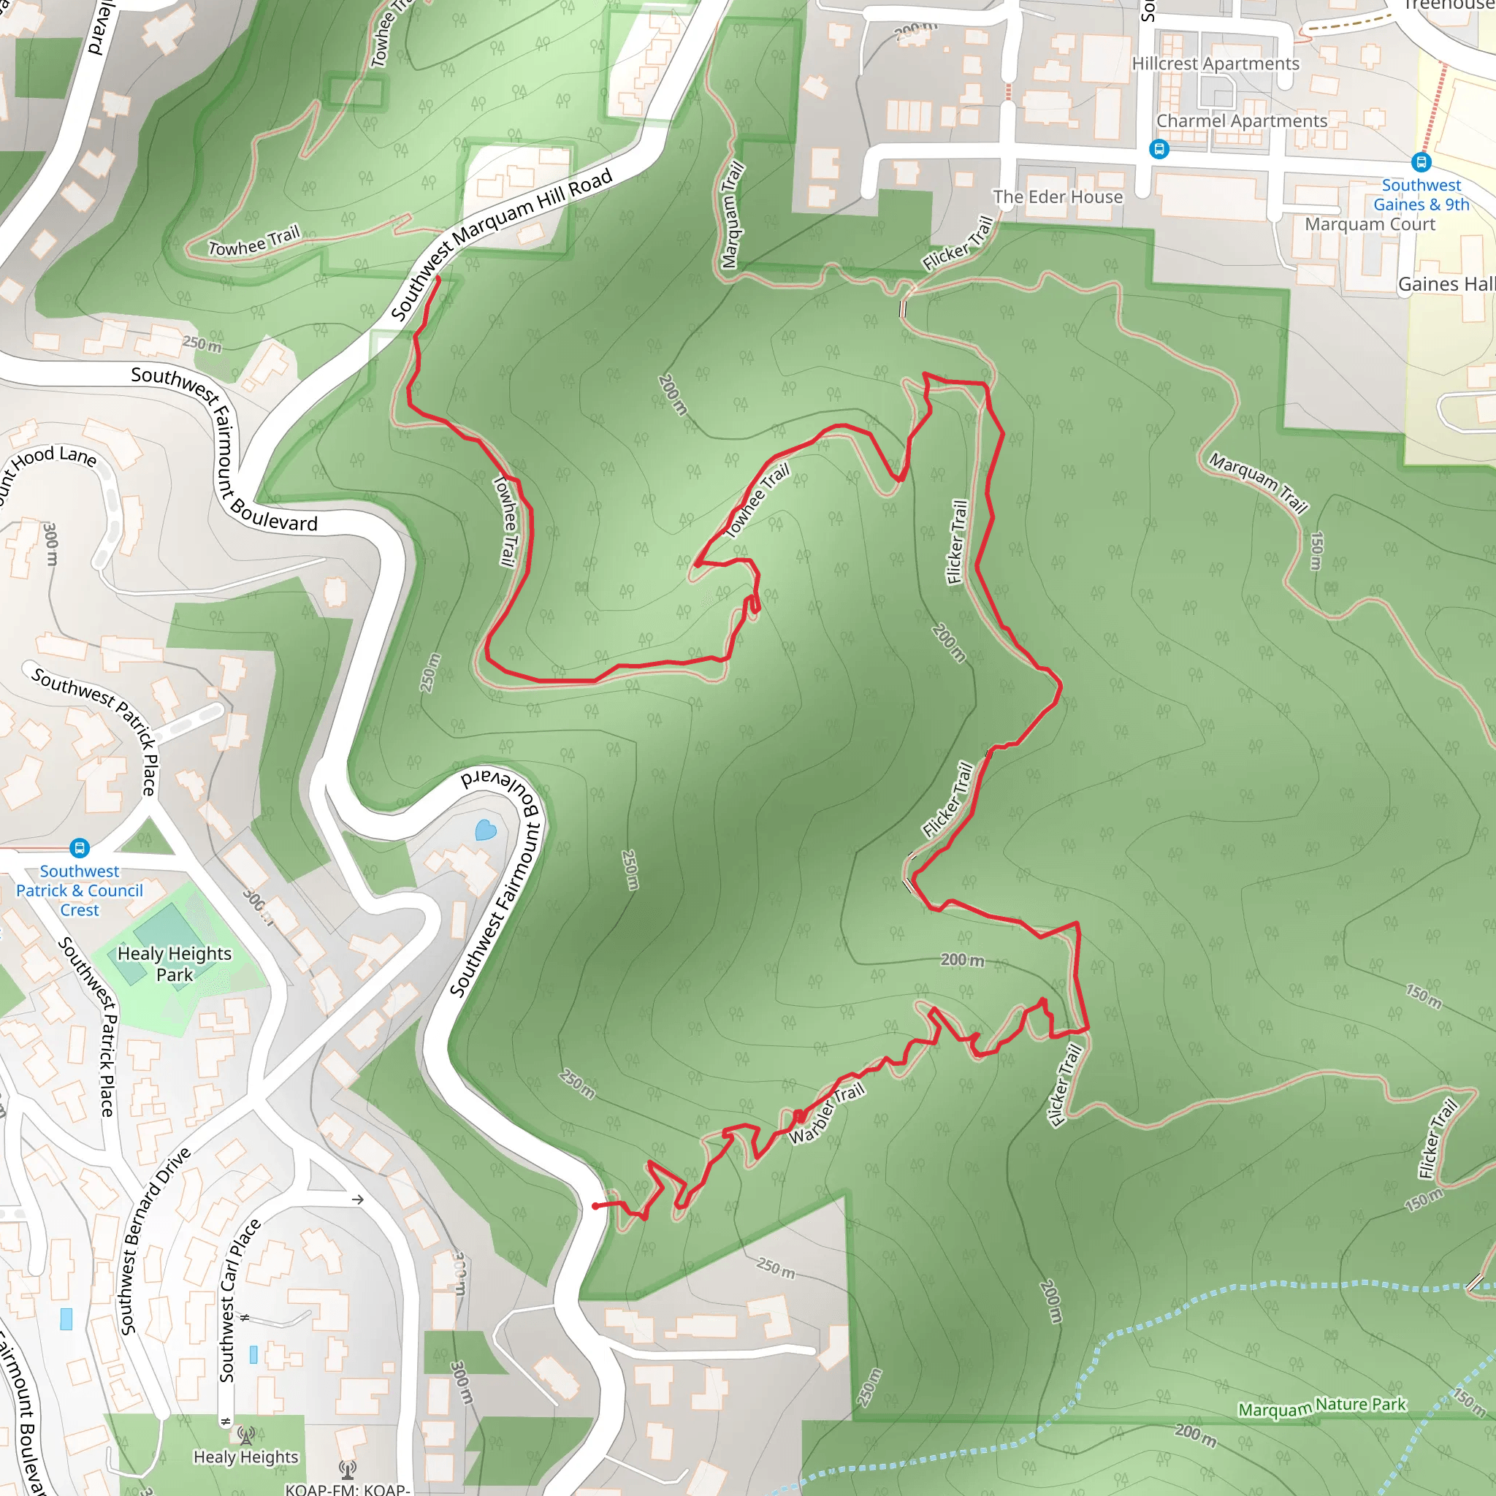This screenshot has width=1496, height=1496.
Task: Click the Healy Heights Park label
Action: tap(175, 964)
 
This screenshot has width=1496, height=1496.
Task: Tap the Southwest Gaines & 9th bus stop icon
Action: tap(1421, 162)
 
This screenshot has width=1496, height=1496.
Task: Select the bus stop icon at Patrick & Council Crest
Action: tap(80, 848)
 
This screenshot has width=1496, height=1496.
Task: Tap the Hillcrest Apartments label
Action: tap(1215, 64)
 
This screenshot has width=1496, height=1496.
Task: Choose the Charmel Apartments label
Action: tap(1241, 121)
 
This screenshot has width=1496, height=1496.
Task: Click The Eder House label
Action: tap(1058, 196)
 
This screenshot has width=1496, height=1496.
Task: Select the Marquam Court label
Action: tap(1370, 224)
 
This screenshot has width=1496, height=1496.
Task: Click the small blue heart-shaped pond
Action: tap(486, 830)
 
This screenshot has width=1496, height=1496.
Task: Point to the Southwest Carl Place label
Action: tap(237, 1302)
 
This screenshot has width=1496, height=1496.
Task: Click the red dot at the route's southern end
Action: tap(595, 1207)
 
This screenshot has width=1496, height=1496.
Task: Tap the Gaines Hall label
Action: tap(1446, 284)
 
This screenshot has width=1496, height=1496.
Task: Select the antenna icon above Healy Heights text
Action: tap(245, 1435)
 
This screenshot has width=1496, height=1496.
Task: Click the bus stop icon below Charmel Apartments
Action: tap(1159, 149)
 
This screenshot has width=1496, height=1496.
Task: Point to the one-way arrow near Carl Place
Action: tap(358, 1199)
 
